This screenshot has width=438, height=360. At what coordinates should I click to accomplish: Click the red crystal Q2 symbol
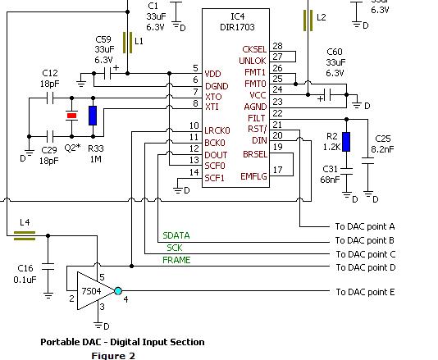click(72, 116)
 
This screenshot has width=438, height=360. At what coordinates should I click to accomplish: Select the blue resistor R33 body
click(93, 116)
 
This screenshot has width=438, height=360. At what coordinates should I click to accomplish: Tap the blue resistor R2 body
click(346, 142)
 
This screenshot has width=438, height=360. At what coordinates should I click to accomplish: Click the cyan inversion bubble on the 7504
click(118, 291)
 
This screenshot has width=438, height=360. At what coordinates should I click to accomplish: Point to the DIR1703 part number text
click(237, 27)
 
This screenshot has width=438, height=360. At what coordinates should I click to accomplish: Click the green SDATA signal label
click(176, 235)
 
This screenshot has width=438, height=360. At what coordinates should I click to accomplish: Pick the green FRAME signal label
click(176, 260)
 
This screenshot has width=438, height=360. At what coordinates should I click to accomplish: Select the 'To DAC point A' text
click(365, 226)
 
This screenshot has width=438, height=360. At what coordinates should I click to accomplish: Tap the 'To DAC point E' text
click(365, 292)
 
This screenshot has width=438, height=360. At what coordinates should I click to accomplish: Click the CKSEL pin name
click(254, 49)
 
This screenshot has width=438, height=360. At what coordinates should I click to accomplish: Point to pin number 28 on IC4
click(277, 46)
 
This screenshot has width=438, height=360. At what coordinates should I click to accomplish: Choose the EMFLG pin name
click(253, 176)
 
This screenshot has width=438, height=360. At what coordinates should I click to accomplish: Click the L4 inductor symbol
click(25, 235)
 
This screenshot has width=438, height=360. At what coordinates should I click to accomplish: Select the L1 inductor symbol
click(128, 43)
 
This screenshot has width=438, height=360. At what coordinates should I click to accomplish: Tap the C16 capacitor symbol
click(48, 267)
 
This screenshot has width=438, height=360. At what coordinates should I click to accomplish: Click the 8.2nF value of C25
click(382, 149)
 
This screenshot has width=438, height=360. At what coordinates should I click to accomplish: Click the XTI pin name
click(212, 107)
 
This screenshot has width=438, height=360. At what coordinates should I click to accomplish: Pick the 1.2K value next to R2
click(331, 147)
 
